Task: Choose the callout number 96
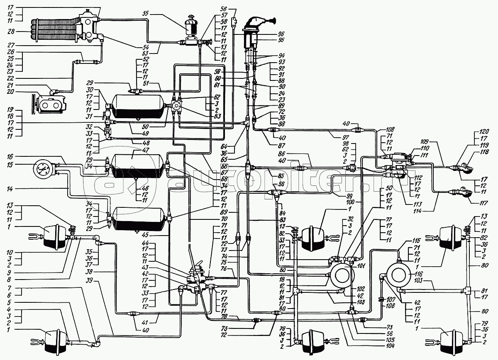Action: pos(281,34)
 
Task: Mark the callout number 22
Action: pos(12,79)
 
